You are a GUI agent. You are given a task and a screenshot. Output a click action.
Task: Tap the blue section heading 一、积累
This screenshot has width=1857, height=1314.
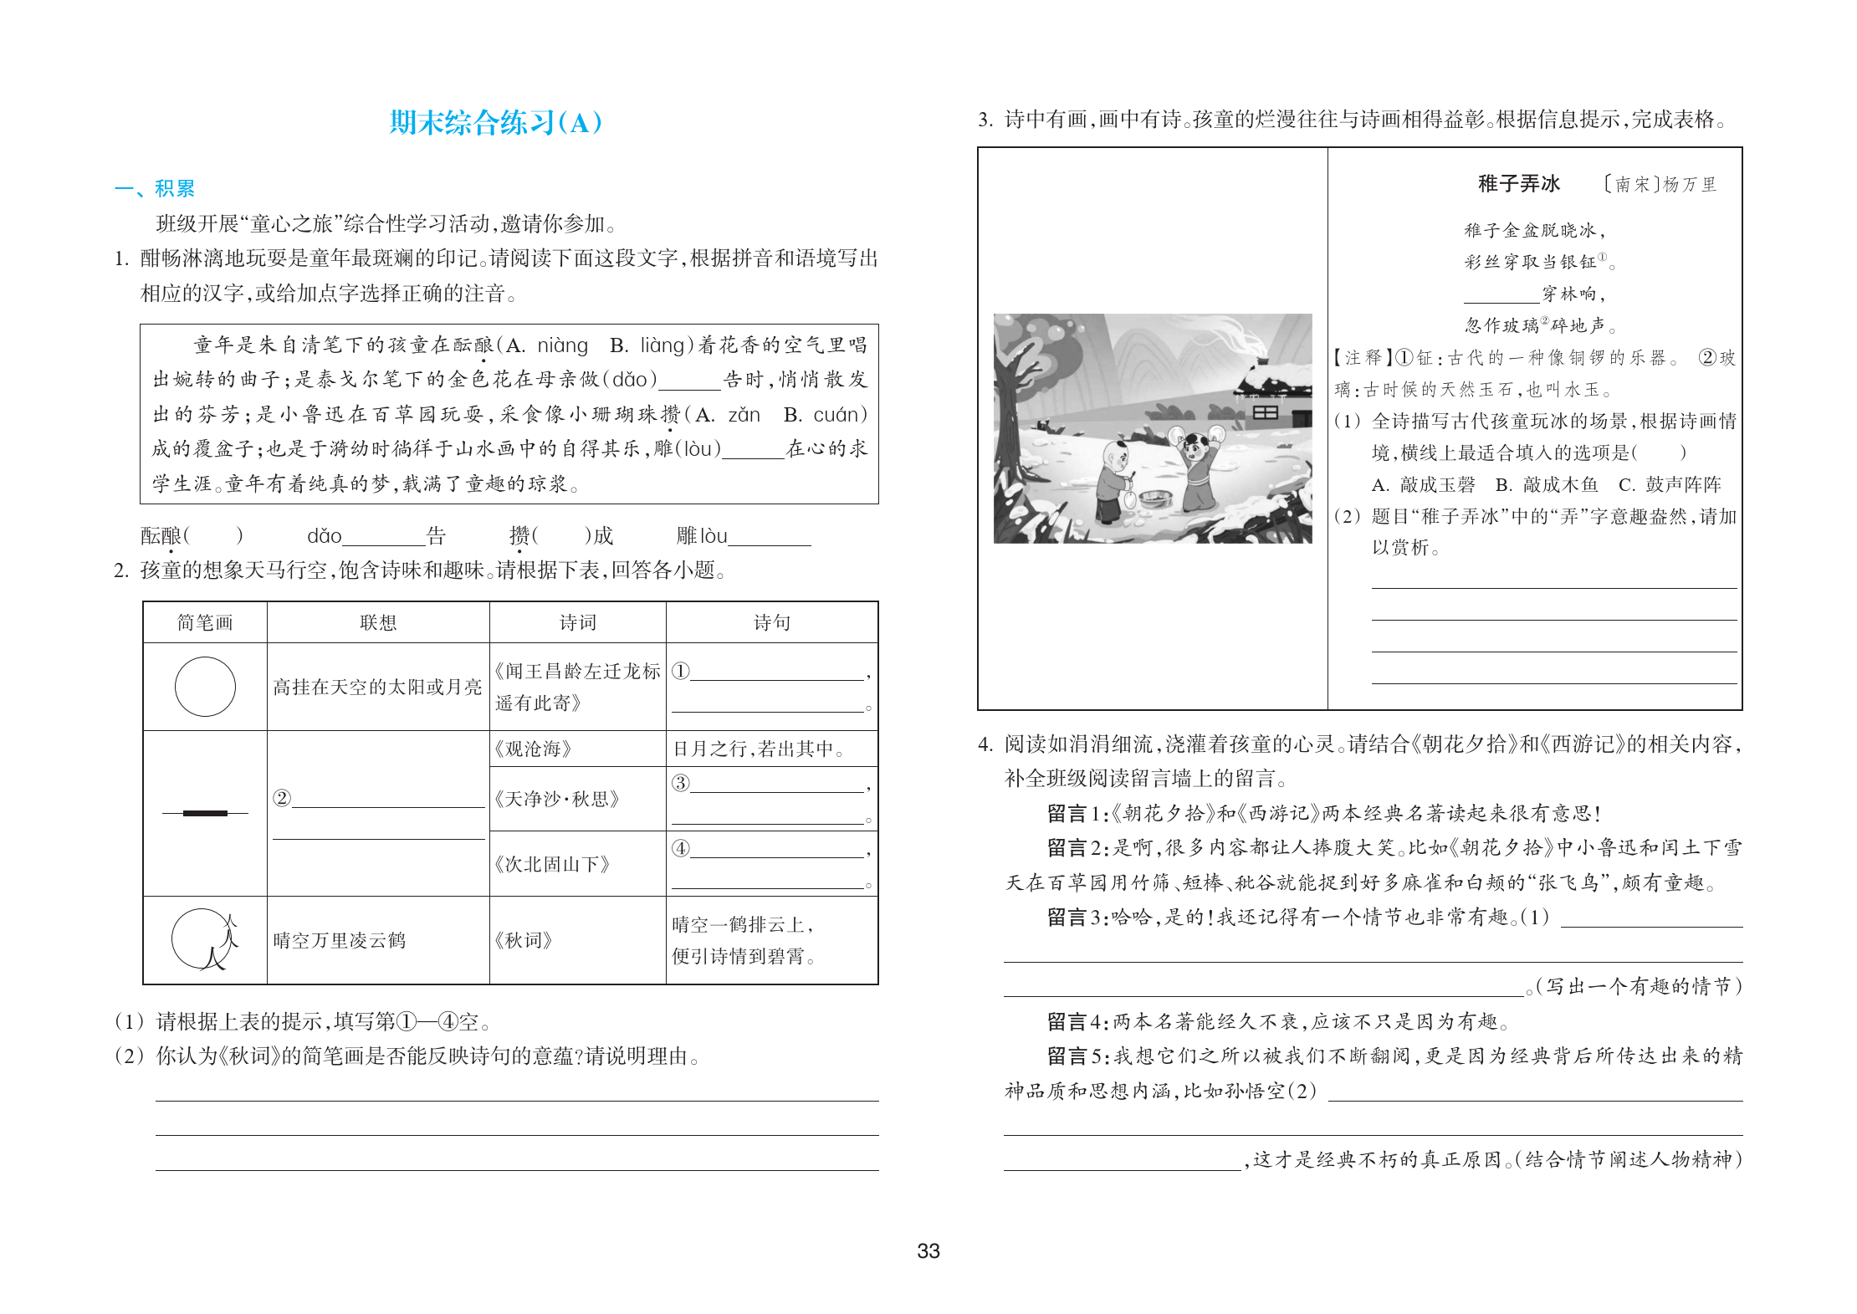(155, 188)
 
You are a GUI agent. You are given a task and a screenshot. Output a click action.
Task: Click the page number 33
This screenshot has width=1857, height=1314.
(928, 1251)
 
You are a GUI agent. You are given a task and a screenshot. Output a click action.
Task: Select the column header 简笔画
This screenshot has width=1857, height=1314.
(205, 622)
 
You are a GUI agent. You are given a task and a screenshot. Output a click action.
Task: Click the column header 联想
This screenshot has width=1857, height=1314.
(377, 622)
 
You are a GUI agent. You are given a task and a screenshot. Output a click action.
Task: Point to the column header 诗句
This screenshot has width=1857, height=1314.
(771, 622)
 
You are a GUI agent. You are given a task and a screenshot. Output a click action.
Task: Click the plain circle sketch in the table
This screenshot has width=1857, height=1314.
(205, 687)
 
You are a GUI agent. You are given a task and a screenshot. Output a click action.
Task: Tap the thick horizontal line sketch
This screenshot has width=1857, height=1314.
(205, 813)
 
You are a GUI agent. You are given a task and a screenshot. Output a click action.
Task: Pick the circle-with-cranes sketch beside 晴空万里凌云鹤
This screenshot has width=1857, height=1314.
(205, 939)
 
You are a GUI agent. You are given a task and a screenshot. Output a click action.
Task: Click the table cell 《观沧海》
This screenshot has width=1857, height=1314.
(533, 749)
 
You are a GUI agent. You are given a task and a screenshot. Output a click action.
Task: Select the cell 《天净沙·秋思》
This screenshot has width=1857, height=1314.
(556, 799)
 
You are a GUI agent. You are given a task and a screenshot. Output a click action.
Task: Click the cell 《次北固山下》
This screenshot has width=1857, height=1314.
(552, 864)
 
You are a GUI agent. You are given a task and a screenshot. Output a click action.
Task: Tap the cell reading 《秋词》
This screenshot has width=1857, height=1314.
(524, 940)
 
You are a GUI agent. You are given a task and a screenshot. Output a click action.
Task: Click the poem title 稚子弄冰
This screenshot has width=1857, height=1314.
(1518, 184)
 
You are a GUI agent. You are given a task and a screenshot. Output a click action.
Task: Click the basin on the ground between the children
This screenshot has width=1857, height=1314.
(1155, 499)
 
